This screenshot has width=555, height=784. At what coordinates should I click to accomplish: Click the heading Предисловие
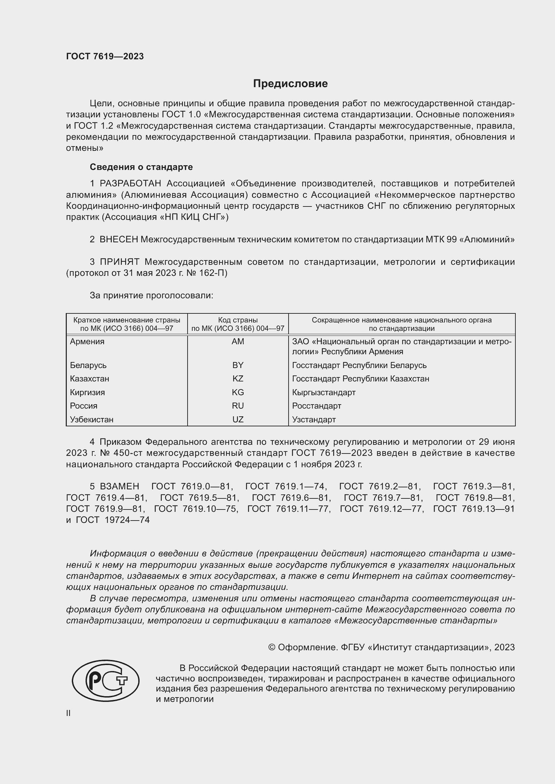pos(290,84)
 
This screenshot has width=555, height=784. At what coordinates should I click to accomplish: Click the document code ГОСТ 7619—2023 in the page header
pos(105,56)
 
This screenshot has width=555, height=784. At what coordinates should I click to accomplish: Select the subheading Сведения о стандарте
pos(141,167)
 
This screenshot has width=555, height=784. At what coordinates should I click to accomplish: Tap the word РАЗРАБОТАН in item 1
pos(130,184)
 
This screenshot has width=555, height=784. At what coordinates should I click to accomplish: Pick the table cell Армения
pos(87,342)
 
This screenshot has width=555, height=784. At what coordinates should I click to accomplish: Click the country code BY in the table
pos(238,365)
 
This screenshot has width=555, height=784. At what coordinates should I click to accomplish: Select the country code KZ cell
pos(238,379)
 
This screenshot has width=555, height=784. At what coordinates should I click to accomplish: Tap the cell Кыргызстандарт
pos(323,393)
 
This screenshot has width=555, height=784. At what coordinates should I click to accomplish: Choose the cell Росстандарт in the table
pos(316,406)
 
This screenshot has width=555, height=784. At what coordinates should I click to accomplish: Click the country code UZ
pos(238,419)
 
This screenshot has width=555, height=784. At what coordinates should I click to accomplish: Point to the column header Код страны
pos(238,320)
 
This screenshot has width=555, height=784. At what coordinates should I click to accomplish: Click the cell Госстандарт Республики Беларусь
pos(359,365)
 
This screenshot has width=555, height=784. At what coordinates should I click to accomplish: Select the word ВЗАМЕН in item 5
pos(119,486)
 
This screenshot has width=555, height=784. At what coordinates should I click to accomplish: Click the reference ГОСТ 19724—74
pos(113,520)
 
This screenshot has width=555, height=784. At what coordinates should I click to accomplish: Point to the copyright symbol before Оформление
pos(272,648)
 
